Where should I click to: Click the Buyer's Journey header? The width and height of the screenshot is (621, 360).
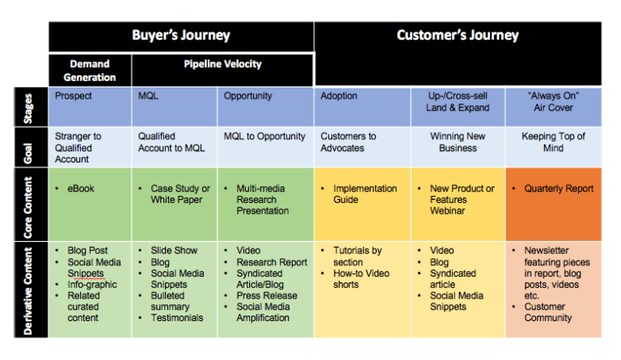(181, 36)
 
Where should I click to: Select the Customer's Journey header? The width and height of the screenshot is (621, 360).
(458, 36)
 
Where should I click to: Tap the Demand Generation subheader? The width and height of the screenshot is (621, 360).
(89, 70)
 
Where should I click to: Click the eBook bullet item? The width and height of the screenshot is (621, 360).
(81, 188)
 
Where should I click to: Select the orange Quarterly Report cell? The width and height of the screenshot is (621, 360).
(553, 202)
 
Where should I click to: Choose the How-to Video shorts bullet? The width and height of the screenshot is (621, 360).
(361, 279)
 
